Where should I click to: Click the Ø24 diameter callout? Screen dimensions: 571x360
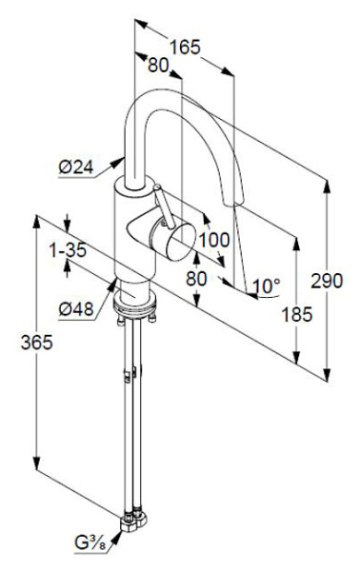pos(75,167)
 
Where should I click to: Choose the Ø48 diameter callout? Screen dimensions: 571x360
pos(75,307)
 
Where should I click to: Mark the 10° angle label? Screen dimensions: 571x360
pos(267,285)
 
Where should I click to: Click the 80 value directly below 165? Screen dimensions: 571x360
pos(158,66)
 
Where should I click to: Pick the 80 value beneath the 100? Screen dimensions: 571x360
pos(195,279)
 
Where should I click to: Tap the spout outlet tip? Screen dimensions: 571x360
pos(240,201)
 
